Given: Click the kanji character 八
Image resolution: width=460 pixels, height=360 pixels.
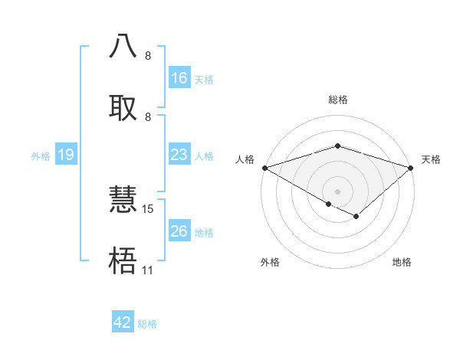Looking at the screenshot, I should pos(123,46).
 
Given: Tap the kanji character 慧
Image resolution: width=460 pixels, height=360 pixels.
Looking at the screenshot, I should pos(123,200).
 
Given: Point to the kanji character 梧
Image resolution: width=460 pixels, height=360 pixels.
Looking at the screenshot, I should pos(123,260).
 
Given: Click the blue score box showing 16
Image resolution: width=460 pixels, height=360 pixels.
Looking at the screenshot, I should pos(179,78).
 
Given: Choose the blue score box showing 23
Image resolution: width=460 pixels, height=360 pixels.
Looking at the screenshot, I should pos(179,155).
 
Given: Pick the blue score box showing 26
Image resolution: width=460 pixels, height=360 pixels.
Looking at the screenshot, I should pos(179,231).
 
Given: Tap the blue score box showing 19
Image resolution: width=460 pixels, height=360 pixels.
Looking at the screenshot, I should pos(66,155).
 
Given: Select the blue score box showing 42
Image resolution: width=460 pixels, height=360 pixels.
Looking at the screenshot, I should pos(123,322).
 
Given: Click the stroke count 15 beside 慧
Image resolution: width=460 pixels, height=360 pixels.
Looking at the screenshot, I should pos(148,209).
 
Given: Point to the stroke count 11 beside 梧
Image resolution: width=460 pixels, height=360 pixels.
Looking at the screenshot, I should pos(147,270).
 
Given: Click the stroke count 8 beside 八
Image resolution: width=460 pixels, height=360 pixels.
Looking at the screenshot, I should pos(148,56).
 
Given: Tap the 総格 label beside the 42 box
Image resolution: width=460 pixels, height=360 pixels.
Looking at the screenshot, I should pos(147,323).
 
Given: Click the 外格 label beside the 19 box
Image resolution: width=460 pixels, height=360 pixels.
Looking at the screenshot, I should pos(41,155).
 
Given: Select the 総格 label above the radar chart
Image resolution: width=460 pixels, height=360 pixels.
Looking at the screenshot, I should pos(337,100).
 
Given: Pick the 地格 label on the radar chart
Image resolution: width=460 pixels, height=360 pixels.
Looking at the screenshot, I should pos(402,262).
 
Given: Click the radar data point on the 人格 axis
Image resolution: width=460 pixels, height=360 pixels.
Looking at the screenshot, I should pos(264,168).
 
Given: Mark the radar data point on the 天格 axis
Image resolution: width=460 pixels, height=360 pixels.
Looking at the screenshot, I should pos(411,168).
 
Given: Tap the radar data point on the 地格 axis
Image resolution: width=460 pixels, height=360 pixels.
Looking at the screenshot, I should pos(356,216).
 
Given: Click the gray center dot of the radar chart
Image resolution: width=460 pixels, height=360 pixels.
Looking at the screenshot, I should pos(337,191).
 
